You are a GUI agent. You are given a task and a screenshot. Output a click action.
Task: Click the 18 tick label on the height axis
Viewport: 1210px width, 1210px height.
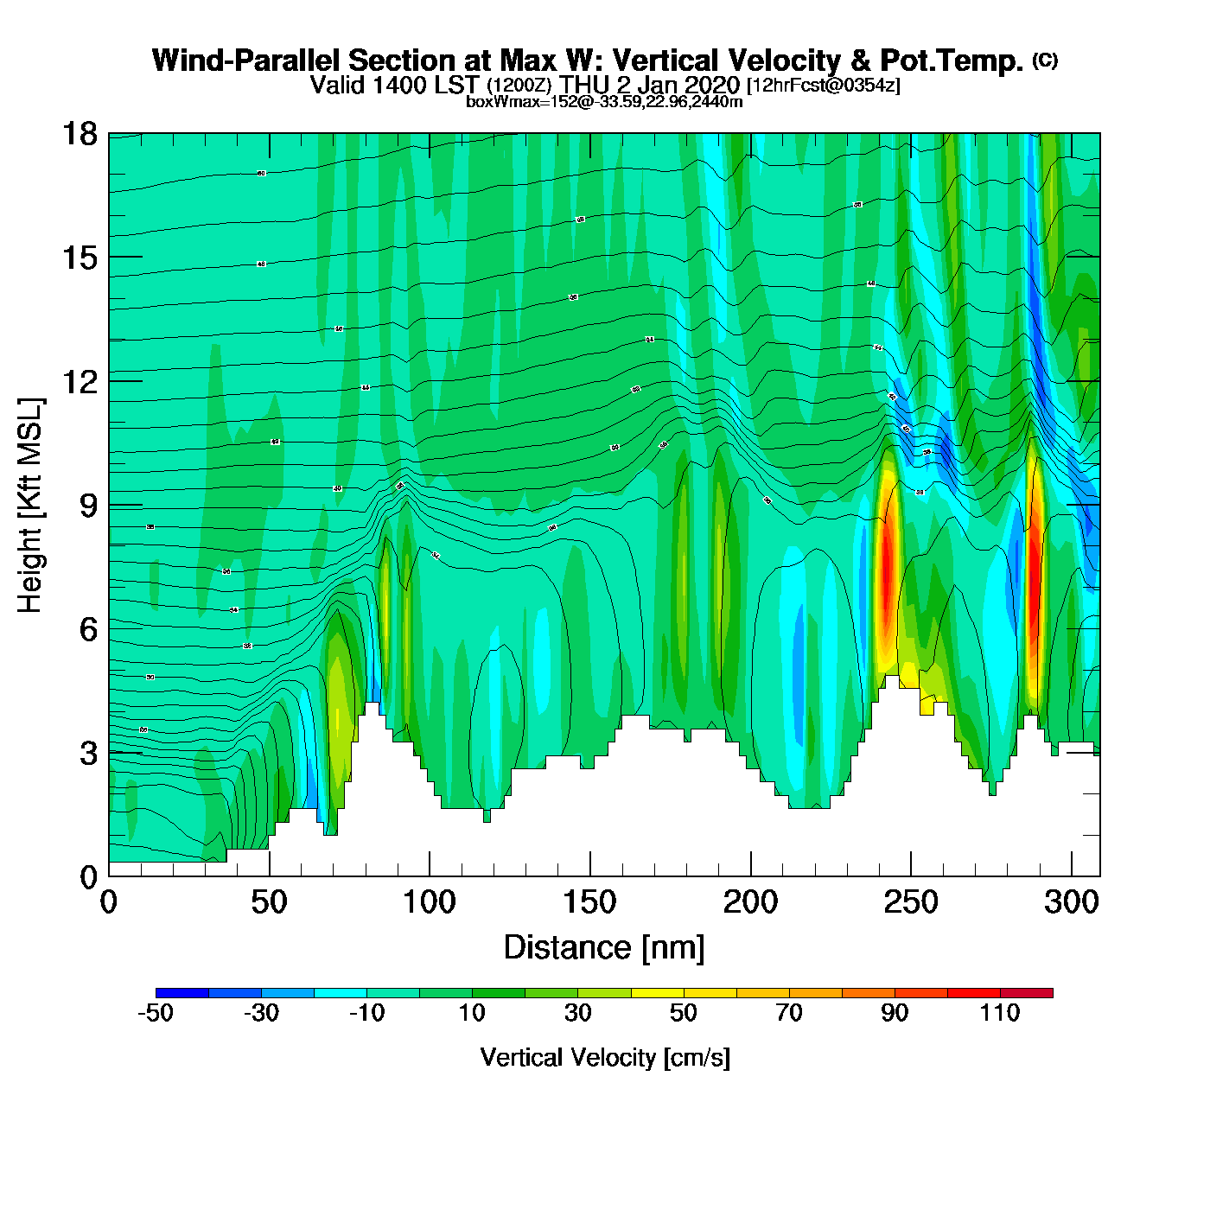pos(79,134)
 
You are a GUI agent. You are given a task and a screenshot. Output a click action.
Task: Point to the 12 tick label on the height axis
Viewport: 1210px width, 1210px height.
pos(79,381)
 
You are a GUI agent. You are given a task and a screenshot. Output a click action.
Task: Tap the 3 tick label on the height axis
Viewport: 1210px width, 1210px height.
pos(88,753)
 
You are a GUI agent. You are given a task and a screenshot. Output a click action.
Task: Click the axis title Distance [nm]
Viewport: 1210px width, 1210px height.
pos(604,947)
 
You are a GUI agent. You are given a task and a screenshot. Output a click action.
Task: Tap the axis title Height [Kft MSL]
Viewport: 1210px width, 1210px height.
pos(30,506)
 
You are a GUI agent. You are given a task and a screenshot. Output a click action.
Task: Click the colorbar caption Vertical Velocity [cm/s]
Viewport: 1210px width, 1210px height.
pos(605,1057)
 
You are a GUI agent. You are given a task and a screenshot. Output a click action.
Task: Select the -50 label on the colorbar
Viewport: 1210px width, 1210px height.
pos(156,1013)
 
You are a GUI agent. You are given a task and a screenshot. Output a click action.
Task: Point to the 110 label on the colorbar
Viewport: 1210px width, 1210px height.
pos(1000,1013)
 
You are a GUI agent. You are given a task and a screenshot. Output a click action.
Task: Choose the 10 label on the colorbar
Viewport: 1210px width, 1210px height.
pos(472,1013)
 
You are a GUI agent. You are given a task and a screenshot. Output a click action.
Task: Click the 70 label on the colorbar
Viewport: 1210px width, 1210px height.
pos(789,1013)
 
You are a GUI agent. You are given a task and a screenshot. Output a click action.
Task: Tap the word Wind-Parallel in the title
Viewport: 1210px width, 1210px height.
pos(247,60)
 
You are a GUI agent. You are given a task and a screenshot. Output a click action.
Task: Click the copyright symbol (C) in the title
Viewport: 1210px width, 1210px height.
pos(1045,60)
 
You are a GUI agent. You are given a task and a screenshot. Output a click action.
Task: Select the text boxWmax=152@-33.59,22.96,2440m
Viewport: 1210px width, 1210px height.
pos(604,101)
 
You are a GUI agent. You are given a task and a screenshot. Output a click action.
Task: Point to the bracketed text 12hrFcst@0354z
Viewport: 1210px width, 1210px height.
pos(824,86)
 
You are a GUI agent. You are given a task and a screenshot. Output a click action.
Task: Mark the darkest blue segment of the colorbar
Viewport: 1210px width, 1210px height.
pos(182,993)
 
